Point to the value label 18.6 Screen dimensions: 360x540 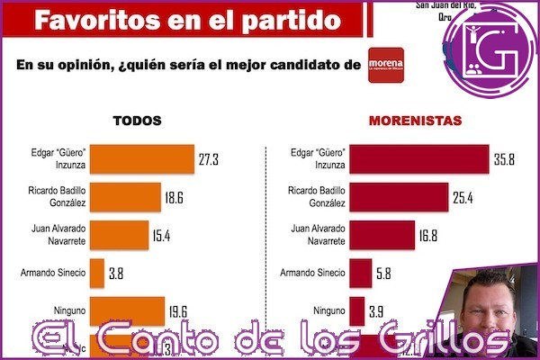[x=176, y=196]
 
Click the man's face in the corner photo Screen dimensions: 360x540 [x=491, y=310]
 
